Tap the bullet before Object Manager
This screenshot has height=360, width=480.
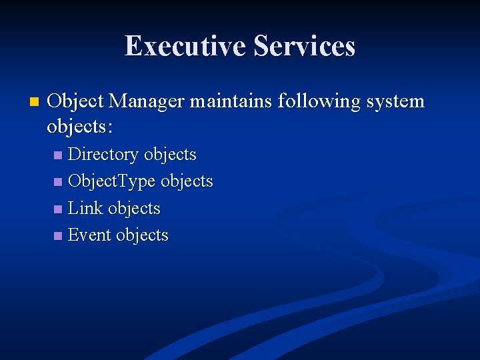[35, 103]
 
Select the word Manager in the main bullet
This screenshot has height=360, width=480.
[147, 101]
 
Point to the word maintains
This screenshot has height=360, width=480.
[231, 101]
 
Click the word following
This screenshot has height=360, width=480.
[312, 103]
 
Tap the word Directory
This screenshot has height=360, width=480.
[103, 155]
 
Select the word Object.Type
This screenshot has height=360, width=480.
[112, 181]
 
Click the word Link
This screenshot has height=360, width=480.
[85, 208]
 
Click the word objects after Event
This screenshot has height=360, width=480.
[142, 235]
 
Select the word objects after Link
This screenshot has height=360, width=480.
[134, 209]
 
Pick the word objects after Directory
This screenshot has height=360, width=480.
[170, 155]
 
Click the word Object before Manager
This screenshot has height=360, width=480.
[75, 103]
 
